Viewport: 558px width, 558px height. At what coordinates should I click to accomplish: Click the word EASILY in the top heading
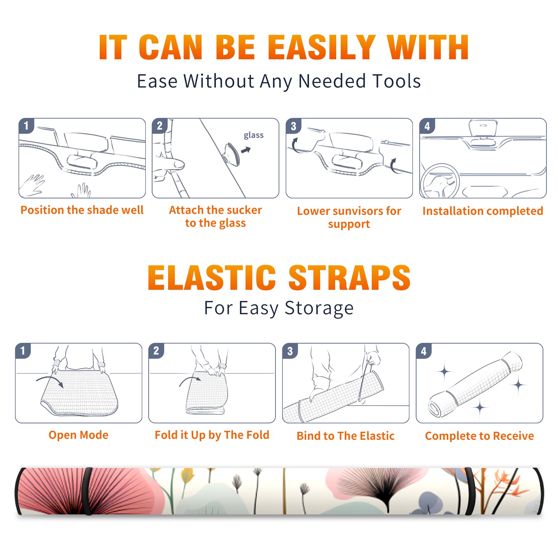pyautogui.click(x=322, y=48)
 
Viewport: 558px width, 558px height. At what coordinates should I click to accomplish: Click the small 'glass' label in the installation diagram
pyautogui.click(x=254, y=135)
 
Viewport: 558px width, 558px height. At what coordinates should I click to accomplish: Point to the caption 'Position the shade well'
pyautogui.click(x=82, y=210)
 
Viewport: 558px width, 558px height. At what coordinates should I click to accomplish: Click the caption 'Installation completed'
pyautogui.click(x=483, y=211)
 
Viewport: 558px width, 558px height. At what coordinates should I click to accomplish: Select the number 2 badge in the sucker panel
pyautogui.click(x=159, y=126)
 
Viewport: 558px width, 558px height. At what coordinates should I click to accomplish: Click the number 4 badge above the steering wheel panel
pyautogui.click(x=427, y=126)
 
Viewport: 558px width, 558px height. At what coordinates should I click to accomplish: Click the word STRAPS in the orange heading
pyautogui.click(x=349, y=278)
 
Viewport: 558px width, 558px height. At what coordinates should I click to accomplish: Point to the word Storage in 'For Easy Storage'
pyautogui.click(x=319, y=309)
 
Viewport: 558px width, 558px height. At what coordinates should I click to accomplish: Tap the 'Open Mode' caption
pyautogui.click(x=78, y=435)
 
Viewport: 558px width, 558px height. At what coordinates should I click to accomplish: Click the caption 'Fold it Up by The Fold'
pyautogui.click(x=212, y=435)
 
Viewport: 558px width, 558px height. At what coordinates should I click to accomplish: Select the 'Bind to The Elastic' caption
pyautogui.click(x=346, y=436)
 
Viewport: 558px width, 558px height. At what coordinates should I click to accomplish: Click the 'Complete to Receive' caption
pyautogui.click(x=480, y=436)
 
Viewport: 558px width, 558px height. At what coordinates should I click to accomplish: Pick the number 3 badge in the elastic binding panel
pyautogui.click(x=290, y=351)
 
